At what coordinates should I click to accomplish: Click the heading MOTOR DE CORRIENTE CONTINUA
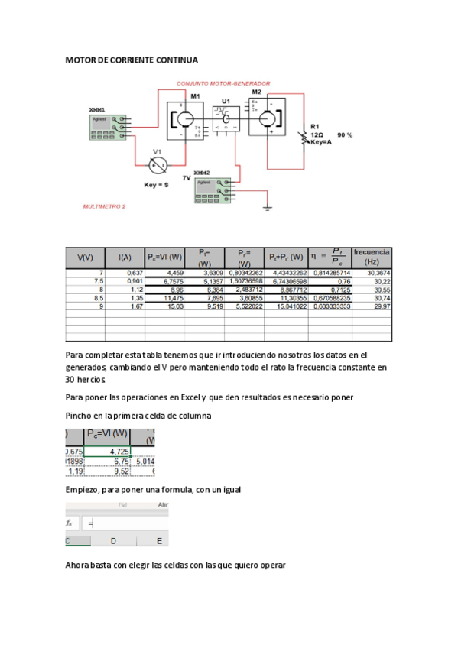click(132, 59)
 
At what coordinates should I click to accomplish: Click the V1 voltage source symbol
click(160, 165)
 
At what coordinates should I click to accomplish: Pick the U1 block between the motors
click(226, 120)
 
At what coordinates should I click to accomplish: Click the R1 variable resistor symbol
click(304, 138)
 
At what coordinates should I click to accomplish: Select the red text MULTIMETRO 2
click(104, 206)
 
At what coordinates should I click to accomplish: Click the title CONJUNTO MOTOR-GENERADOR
click(223, 83)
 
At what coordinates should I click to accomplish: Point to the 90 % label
click(345, 135)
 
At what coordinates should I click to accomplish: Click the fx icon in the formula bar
click(69, 523)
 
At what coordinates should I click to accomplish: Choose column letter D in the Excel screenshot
click(113, 541)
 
